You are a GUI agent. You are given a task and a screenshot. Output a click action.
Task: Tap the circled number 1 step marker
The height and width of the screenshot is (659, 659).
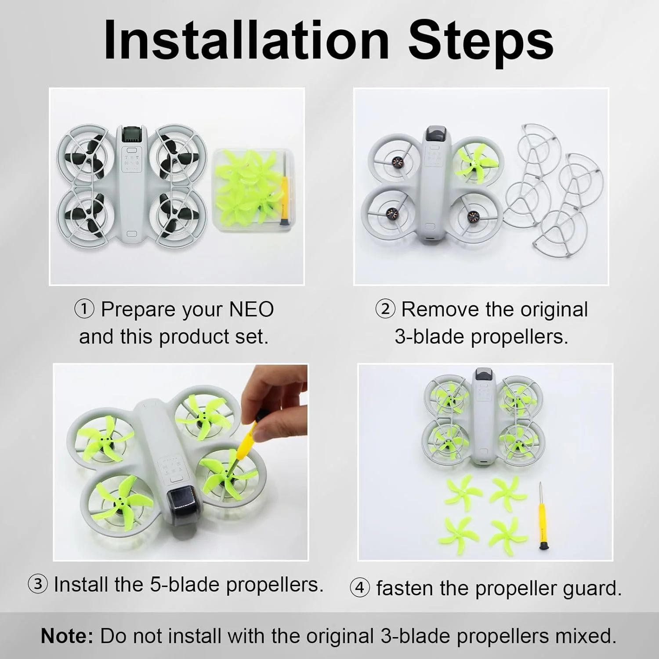pyautogui.click(x=84, y=309)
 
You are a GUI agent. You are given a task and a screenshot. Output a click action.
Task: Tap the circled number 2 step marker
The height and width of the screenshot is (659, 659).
pyautogui.click(x=385, y=309)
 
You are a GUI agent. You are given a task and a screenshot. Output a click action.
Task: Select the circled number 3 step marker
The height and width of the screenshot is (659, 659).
pyautogui.click(x=38, y=584)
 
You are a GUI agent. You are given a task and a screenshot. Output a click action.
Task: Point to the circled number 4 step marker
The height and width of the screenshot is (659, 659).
pyautogui.click(x=360, y=588)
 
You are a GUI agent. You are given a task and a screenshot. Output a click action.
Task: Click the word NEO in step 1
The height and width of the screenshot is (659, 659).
pyautogui.click(x=252, y=309)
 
